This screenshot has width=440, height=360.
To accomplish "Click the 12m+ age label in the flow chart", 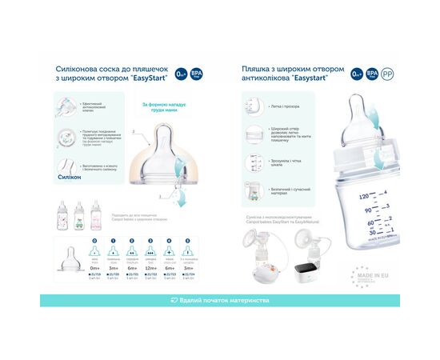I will pos(150,269).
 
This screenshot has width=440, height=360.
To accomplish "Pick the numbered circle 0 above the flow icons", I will pos(94,241).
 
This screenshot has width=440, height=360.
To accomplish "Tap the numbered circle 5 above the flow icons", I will pos(187,241).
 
